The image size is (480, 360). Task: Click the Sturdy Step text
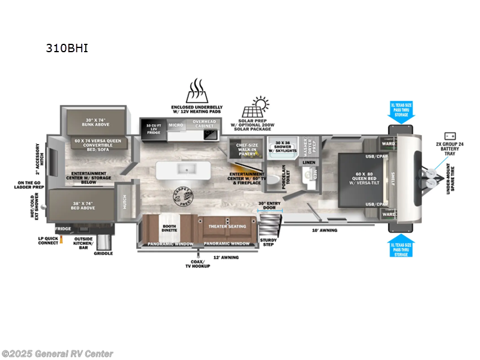[x=268, y=242]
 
